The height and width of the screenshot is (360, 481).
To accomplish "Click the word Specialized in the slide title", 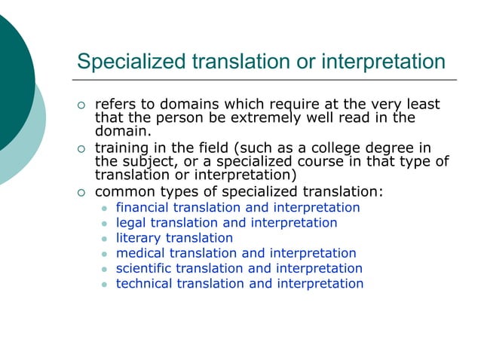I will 127,61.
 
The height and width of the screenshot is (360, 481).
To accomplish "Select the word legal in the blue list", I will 130,223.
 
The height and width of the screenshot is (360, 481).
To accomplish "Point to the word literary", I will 138,238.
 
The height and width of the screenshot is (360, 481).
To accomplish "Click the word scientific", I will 143,268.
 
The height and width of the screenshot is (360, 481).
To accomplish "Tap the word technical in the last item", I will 142,284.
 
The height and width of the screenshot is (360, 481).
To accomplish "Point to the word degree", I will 384,146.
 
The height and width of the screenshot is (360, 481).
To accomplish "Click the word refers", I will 115,104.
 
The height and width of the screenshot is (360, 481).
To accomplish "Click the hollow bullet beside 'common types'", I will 82,191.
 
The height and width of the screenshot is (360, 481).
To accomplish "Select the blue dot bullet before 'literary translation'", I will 105,239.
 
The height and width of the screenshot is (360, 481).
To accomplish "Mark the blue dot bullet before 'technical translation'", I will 105,285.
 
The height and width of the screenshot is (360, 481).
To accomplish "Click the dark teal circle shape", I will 11,75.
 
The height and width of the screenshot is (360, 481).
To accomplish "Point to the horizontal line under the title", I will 264,79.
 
